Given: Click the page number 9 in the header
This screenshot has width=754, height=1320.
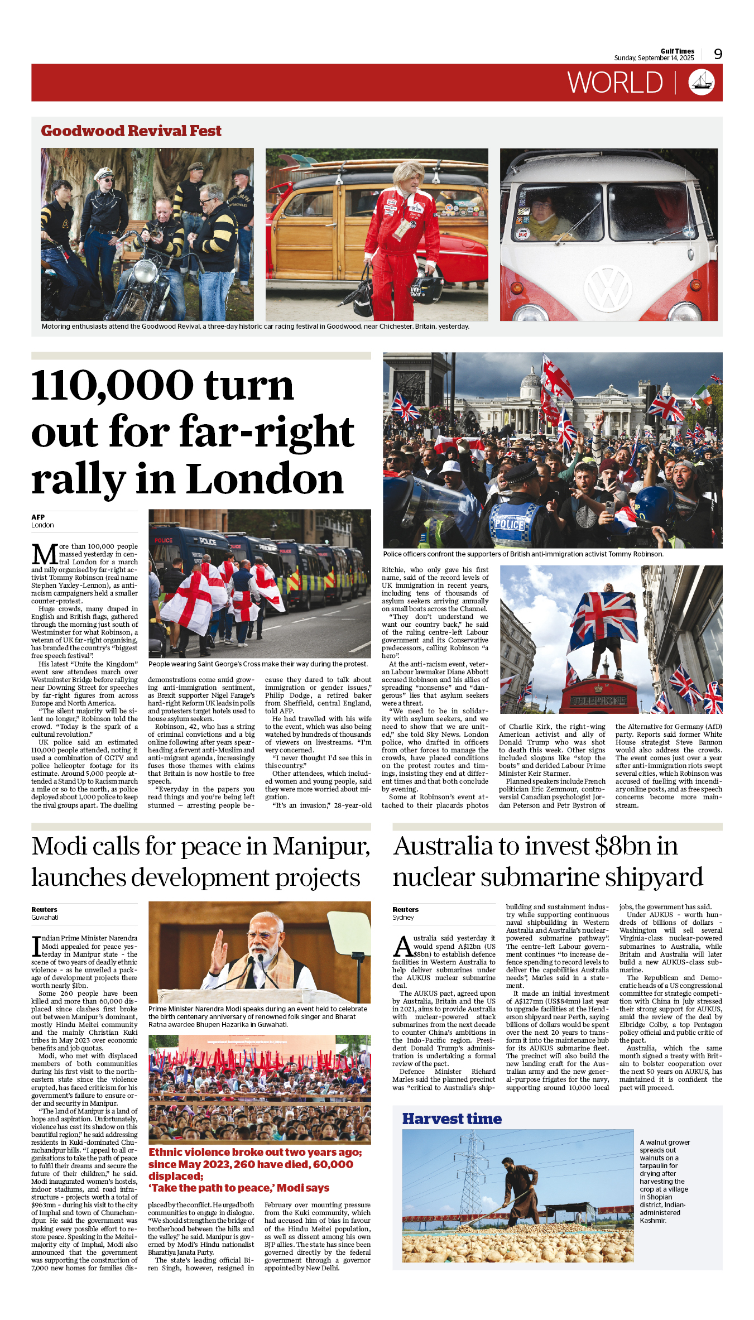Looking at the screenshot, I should (x=718, y=54).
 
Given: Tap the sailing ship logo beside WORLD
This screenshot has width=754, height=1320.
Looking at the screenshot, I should (x=702, y=83).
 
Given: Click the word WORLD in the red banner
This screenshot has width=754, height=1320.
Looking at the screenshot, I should (x=615, y=83).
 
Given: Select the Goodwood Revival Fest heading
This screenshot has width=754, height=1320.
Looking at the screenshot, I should (x=131, y=131).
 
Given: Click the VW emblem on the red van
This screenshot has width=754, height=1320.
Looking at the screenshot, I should (x=608, y=289).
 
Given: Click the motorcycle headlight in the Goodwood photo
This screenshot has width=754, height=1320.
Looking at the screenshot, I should (x=145, y=272).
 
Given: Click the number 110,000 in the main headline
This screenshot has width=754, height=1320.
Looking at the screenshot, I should (x=112, y=386).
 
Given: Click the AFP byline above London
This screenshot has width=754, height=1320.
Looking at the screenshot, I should (x=38, y=517).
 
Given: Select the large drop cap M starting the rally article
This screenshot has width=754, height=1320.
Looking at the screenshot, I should (x=44, y=554).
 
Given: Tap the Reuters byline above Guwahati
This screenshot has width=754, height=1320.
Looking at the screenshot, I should (x=44, y=910).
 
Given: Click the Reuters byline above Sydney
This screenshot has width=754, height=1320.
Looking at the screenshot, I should (x=405, y=910).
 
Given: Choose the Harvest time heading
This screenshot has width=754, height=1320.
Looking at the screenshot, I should (x=452, y=1119).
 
